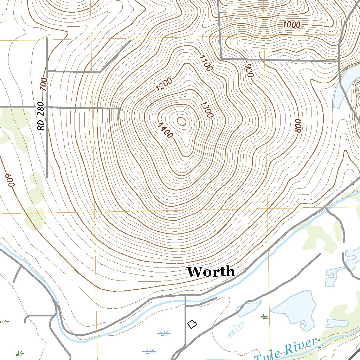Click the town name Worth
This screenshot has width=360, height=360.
click(x=211, y=272)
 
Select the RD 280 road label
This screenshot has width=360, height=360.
click(x=41, y=116)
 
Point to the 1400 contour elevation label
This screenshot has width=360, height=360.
click(x=165, y=130)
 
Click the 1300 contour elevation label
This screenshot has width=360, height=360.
click(x=206, y=109)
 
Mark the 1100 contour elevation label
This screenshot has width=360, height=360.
click(x=206, y=63)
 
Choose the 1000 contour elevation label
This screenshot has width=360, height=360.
click(x=291, y=25)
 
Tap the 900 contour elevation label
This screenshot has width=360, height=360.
click(x=250, y=71)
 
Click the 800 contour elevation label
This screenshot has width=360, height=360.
click(x=298, y=126)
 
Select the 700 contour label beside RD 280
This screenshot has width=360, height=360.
click(x=44, y=84)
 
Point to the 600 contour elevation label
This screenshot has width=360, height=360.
click(x=9, y=180)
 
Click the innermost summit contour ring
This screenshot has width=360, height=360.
click(x=182, y=121)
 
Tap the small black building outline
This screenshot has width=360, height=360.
click(x=192, y=324)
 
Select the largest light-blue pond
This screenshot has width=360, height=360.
click(x=293, y=308)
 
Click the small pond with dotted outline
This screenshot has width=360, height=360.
click(x=236, y=329)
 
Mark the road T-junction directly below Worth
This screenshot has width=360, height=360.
click(x=185, y=296)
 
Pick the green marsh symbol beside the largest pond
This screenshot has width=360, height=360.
click(x=266, y=317)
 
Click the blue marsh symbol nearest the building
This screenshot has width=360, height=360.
click(x=163, y=333)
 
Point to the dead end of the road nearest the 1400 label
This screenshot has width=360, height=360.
click(x=118, y=119)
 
